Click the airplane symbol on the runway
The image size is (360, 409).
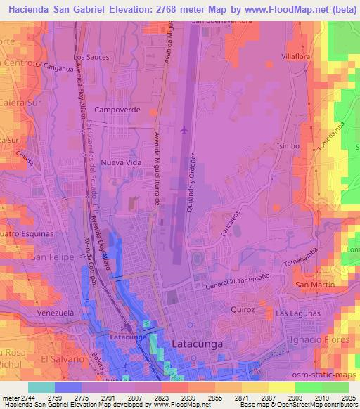pos(184,129)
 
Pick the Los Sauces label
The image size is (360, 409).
pos(91,56)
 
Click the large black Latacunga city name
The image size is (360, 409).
pos(199,344)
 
